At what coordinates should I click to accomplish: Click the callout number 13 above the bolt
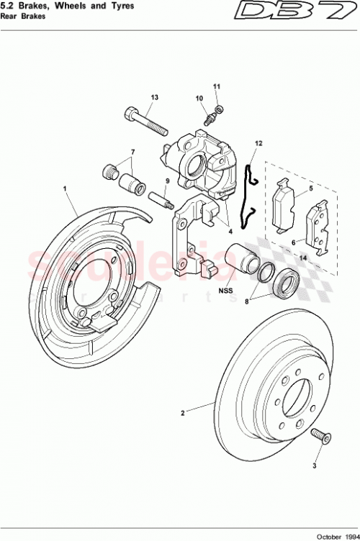[x=154, y=97]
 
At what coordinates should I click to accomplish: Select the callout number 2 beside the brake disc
[x=183, y=414]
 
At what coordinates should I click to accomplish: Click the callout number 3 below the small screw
[x=315, y=465]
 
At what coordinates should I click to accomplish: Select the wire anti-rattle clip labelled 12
[x=249, y=194]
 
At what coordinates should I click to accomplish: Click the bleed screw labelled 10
[x=210, y=115]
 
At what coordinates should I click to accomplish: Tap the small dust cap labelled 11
[x=220, y=109]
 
